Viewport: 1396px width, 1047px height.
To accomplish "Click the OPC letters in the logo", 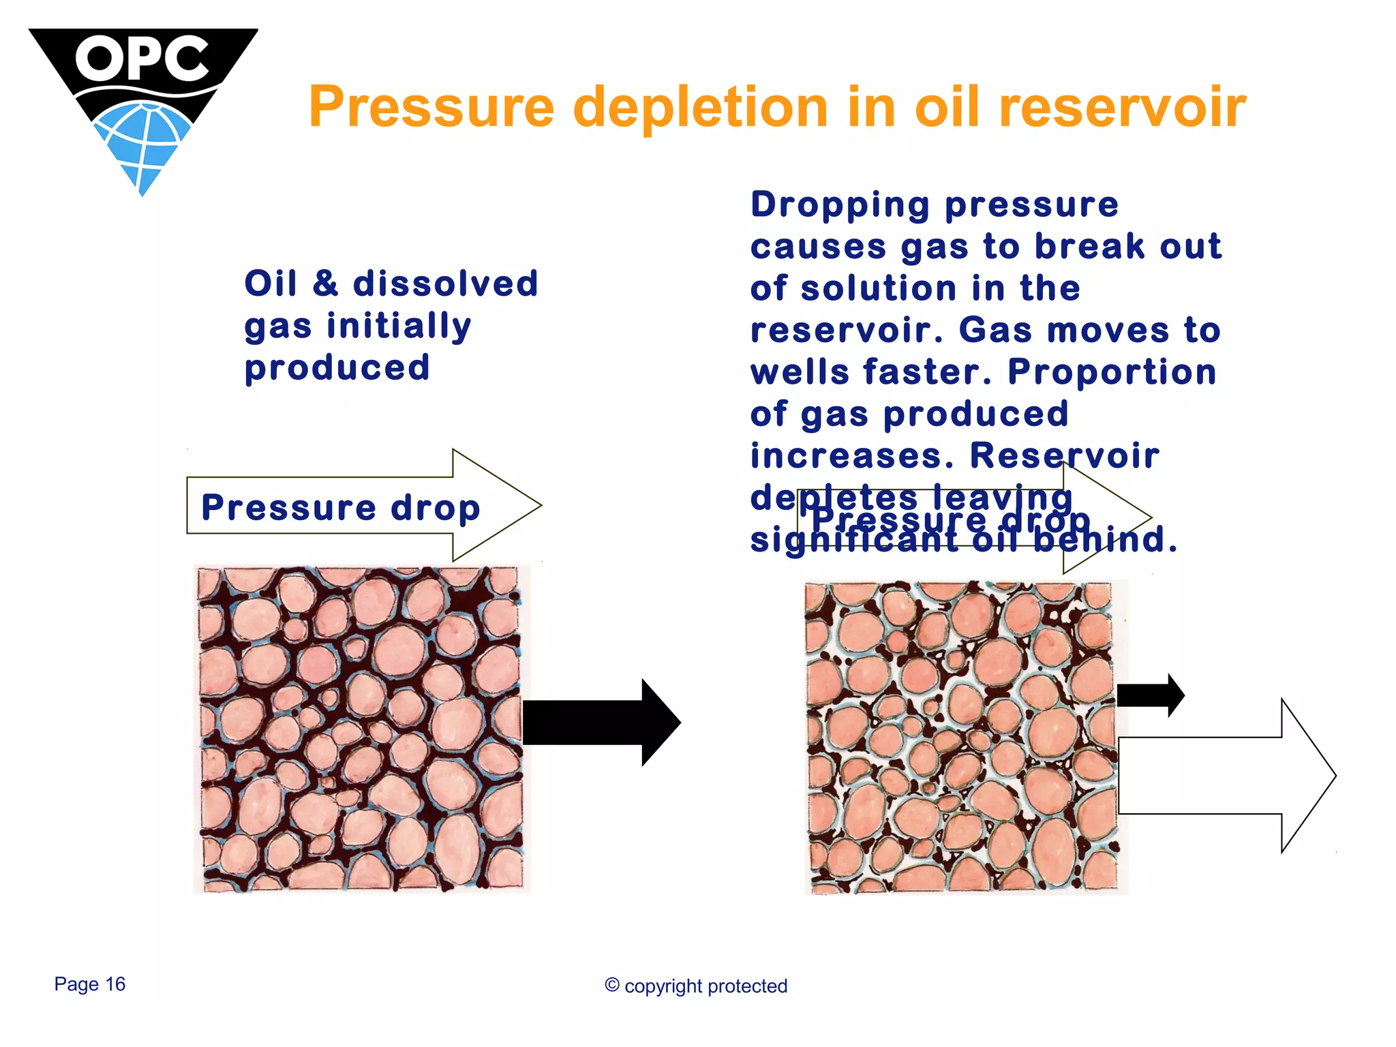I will coord(142,59).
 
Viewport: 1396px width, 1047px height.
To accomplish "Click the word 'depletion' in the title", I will coord(700,107).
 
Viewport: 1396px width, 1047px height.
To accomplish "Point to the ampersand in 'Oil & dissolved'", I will coord(325,283).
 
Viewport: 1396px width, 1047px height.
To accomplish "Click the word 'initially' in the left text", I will coord(399,325).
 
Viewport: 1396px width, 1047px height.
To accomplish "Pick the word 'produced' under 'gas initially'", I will coord(337,367).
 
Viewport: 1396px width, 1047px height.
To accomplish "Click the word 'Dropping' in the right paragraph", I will coord(840,204).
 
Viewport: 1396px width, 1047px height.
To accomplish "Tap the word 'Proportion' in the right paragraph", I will coord(1112,372).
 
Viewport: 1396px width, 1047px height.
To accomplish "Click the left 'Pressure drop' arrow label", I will coord(341,507).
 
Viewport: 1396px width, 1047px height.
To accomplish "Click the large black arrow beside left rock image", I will coord(600,723).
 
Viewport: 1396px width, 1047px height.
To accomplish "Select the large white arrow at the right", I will coord(1220,776).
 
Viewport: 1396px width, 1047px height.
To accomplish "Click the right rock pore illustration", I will coord(961,736).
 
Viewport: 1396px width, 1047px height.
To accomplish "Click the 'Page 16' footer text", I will coord(90,984).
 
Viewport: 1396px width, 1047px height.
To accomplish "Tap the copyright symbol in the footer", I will coord(612,985).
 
